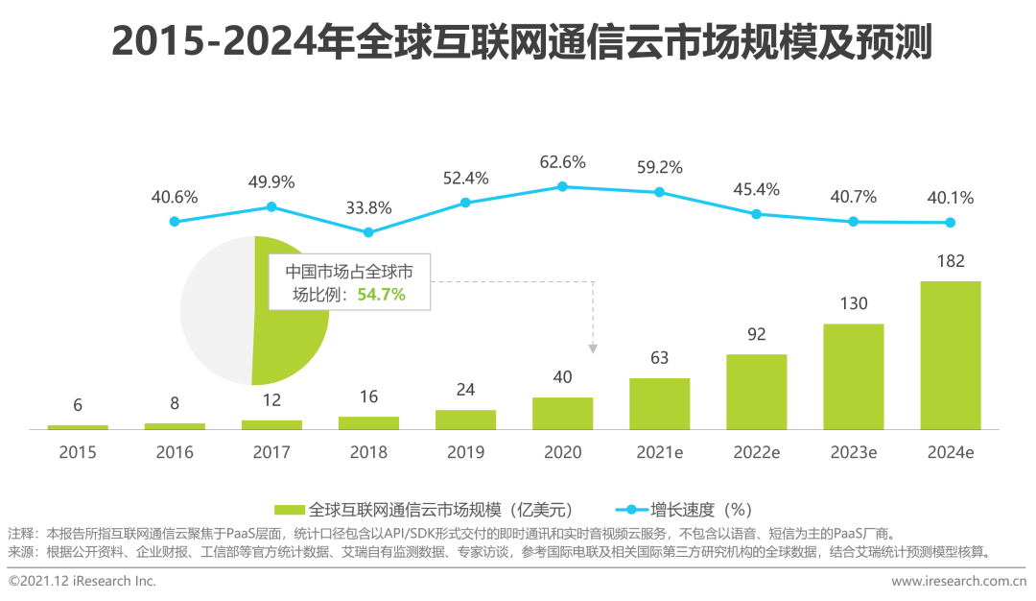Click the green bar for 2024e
click(950, 354)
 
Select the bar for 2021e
click(659, 403)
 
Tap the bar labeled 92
click(756, 391)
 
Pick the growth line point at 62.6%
click(562, 186)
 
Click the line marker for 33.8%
click(368, 231)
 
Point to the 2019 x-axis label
click(465, 452)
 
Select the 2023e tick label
click(853, 452)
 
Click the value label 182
click(951, 261)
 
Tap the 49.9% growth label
click(271, 182)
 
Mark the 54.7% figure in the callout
click(381, 295)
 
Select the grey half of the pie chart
click(216, 307)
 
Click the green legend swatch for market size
click(290, 509)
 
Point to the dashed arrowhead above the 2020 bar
click(594, 348)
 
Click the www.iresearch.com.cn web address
click(957, 581)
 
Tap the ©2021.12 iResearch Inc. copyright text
click(82, 581)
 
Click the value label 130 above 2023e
click(853, 304)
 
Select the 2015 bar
click(78, 426)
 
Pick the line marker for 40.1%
click(950, 223)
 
